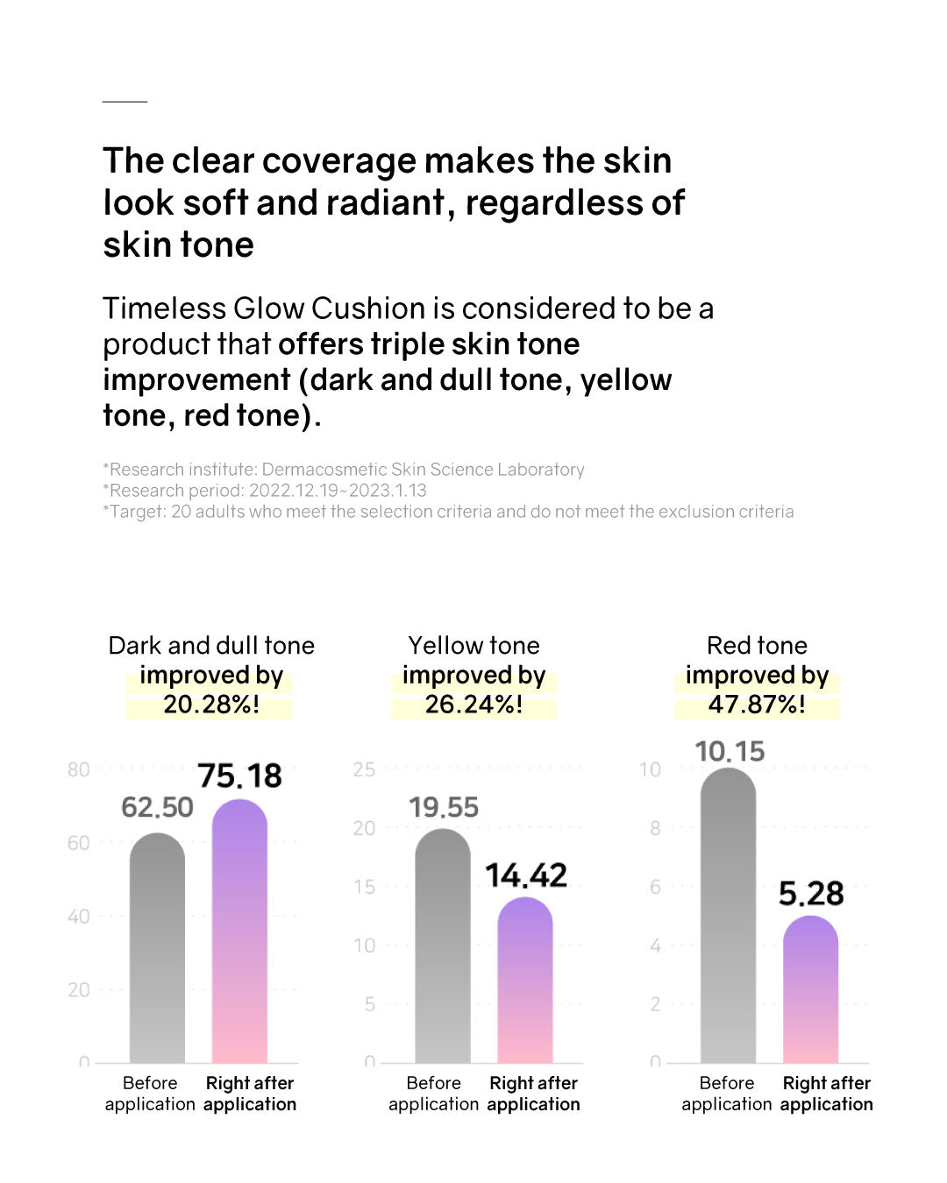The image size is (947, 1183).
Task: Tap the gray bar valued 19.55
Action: click(x=442, y=946)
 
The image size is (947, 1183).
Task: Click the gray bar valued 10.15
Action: click(x=728, y=916)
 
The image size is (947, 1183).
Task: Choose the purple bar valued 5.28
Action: click(x=810, y=989)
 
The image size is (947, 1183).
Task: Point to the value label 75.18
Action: click(x=239, y=776)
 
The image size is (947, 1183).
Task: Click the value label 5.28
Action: click(x=811, y=894)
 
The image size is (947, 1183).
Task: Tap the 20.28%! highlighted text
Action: click(x=210, y=705)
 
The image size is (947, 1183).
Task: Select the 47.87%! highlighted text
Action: click(x=757, y=705)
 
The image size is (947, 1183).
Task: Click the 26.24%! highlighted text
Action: click(x=473, y=705)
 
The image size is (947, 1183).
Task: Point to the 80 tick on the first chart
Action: click(x=78, y=769)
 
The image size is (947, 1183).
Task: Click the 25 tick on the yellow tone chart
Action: click(x=364, y=769)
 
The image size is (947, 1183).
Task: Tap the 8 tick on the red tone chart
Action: click(x=655, y=828)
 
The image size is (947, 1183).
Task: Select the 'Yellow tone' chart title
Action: click(x=473, y=646)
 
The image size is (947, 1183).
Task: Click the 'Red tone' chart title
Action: click(x=757, y=646)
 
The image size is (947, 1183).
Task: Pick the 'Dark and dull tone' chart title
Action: click(x=210, y=646)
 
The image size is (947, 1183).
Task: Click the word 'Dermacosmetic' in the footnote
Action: click(x=324, y=470)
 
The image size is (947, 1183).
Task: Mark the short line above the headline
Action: click(x=125, y=102)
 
